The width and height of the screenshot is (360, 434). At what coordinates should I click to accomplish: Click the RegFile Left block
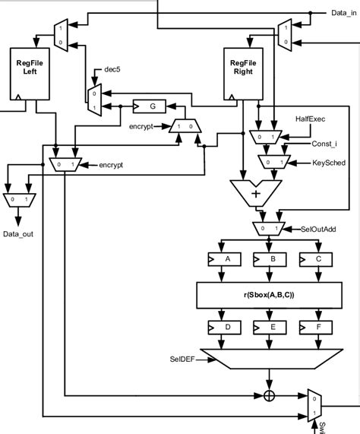click(x=31, y=74)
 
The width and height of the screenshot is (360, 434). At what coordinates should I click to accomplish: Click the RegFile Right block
click(x=242, y=74)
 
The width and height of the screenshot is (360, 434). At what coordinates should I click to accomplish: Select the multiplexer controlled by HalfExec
click(x=265, y=136)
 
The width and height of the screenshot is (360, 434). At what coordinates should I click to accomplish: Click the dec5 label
click(x=113, y=69)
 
